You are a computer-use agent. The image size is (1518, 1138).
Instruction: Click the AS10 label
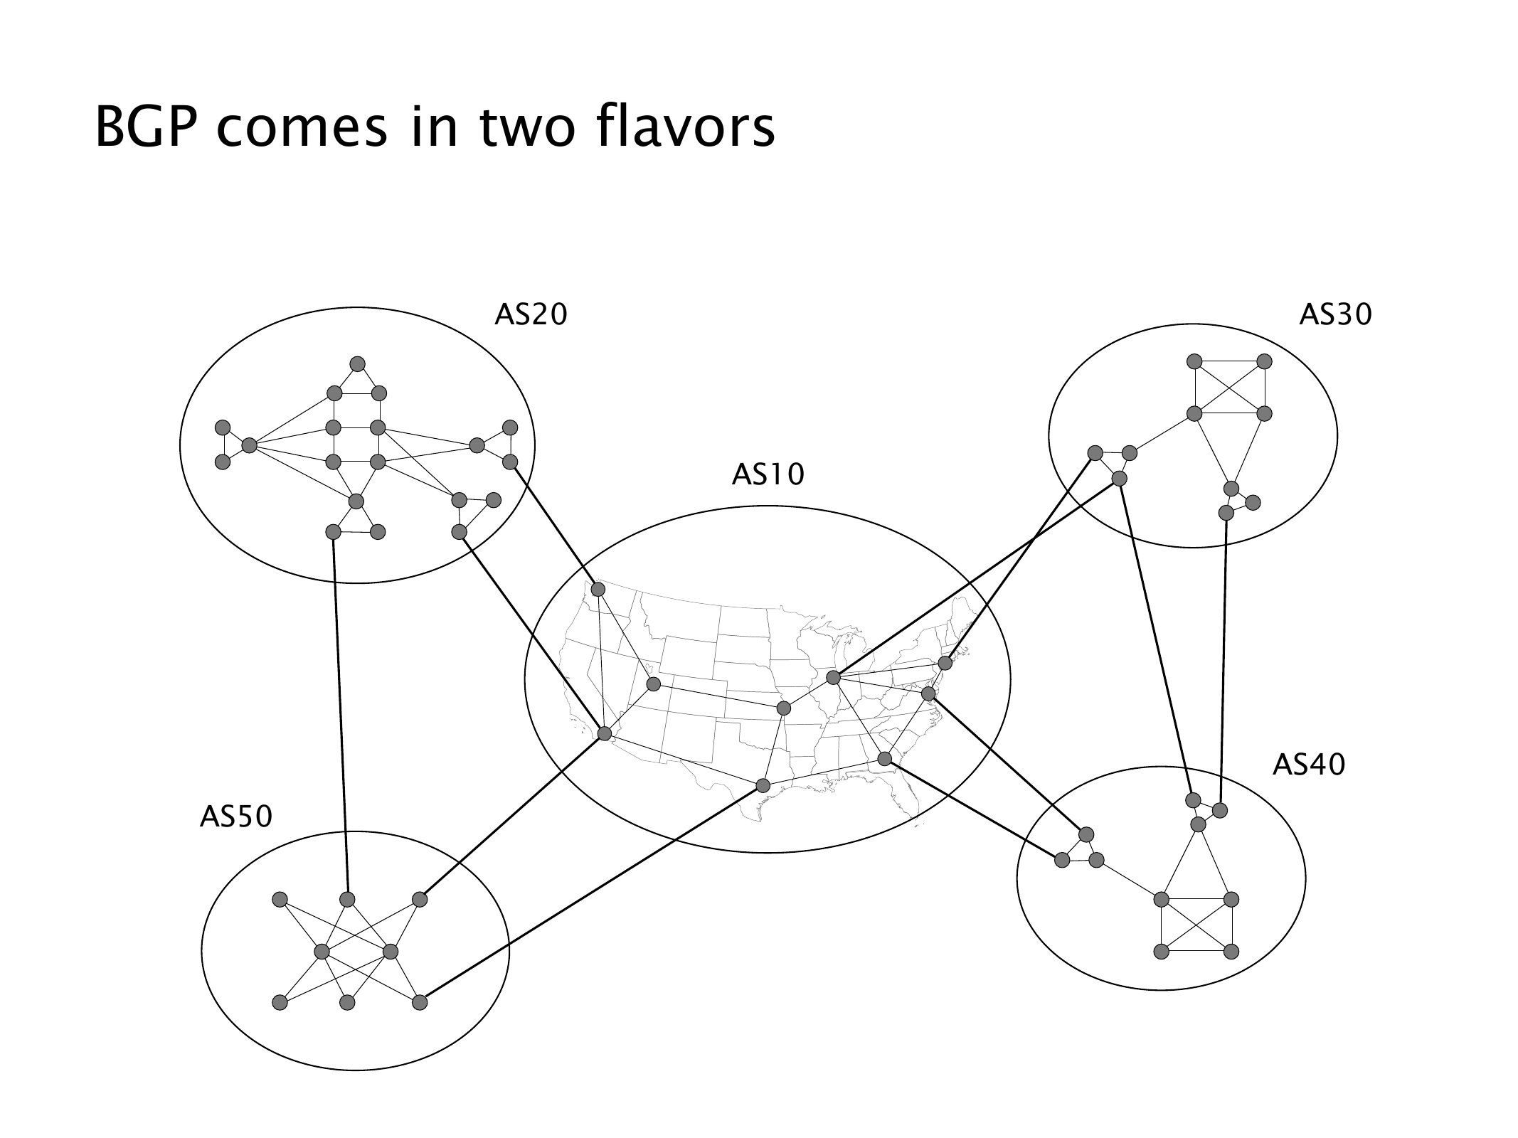point(768,474)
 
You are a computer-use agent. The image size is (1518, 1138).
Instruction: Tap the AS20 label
point(531,314)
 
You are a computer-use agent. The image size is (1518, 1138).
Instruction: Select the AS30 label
point(1335,314)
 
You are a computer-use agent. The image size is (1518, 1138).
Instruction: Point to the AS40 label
point(1308,765)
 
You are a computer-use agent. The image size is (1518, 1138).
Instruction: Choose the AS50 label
point(235,817)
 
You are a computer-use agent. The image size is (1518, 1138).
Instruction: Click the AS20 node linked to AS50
point(332,531)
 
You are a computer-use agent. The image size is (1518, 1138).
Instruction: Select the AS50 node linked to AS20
point(347,899)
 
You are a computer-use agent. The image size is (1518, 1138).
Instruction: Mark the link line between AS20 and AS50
point(340,715)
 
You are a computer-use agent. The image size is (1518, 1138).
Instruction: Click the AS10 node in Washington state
point(598,590)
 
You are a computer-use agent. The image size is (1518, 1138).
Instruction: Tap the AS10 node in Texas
point(763,785)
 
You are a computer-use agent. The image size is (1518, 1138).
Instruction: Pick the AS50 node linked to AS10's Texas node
point(420,1002)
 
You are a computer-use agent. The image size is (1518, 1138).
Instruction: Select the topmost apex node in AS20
point(357,364)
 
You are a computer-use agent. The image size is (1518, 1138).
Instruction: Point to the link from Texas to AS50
point(590,894)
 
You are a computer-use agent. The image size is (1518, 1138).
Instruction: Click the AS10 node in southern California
point(605,733)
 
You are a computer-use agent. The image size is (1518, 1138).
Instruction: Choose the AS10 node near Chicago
point(834,678)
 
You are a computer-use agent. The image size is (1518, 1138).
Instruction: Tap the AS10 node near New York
point(945,663)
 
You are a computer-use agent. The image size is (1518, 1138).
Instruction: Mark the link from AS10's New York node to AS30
point(1021,558)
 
